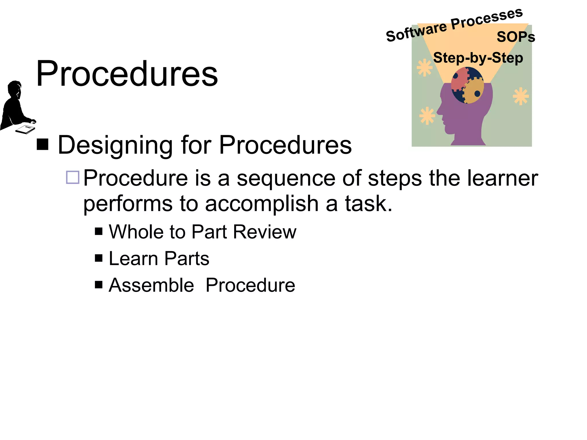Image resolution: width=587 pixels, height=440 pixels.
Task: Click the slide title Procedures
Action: (127, 74)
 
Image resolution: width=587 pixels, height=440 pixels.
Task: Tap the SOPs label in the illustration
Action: (516, 37)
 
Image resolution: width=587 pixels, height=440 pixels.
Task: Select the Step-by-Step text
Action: (478, 58)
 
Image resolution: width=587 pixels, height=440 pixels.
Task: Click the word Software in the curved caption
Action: (416, 32)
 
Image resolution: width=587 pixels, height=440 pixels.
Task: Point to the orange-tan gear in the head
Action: (473, 91)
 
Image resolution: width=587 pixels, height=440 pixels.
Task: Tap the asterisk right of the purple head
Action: (521, 96)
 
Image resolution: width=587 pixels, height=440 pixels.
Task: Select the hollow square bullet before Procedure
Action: (73, 177)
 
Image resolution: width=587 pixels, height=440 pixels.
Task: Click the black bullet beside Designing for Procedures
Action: (42, 144)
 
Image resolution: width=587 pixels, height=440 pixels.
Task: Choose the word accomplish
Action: (262, 204)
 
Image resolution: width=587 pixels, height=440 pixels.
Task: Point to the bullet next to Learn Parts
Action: (99, 258)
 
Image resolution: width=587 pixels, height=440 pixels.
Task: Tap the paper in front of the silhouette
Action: (25, 129)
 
